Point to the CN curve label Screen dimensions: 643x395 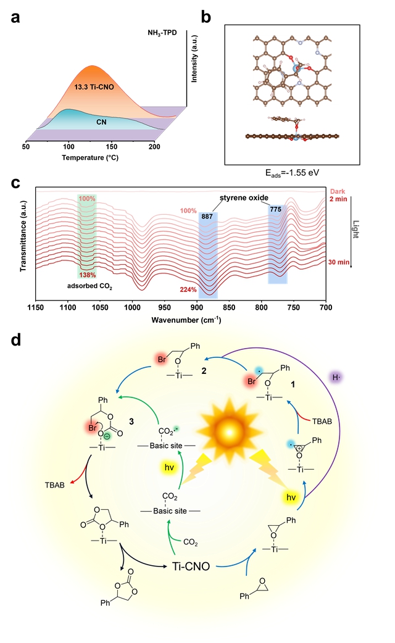[x=101, y=123]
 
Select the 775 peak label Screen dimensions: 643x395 [x=276, y=210]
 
